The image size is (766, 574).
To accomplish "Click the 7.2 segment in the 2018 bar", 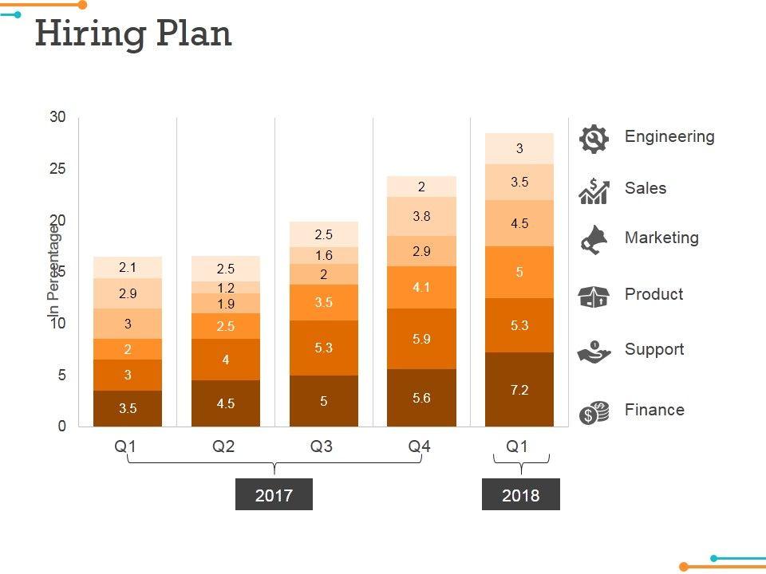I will [520, 390].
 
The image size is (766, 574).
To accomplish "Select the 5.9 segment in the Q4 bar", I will [422, 339].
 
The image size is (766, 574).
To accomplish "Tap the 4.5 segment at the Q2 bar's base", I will [226, 403].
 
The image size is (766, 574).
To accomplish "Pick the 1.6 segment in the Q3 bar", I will [324, 256].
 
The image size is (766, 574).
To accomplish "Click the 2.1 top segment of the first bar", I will [128, 268].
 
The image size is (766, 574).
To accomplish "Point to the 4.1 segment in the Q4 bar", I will [422, 287].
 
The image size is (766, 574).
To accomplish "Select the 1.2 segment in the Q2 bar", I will [226, 288].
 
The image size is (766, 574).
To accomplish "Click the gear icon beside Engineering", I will [594, 139].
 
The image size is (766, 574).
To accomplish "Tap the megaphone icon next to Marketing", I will [594, 240].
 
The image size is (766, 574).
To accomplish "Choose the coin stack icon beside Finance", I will [594, 412].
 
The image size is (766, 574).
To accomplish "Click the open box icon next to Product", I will [594, 297].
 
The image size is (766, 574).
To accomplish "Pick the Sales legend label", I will [646, 189].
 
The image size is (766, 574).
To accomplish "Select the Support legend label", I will [654, 350].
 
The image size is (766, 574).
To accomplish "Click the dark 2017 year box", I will [274, 495].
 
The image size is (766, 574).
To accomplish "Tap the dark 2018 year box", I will [520, 495].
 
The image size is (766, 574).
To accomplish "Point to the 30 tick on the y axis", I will [58, 117].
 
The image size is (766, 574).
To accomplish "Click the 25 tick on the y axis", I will [58, 169].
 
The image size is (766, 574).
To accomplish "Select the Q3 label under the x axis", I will [322, 447].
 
